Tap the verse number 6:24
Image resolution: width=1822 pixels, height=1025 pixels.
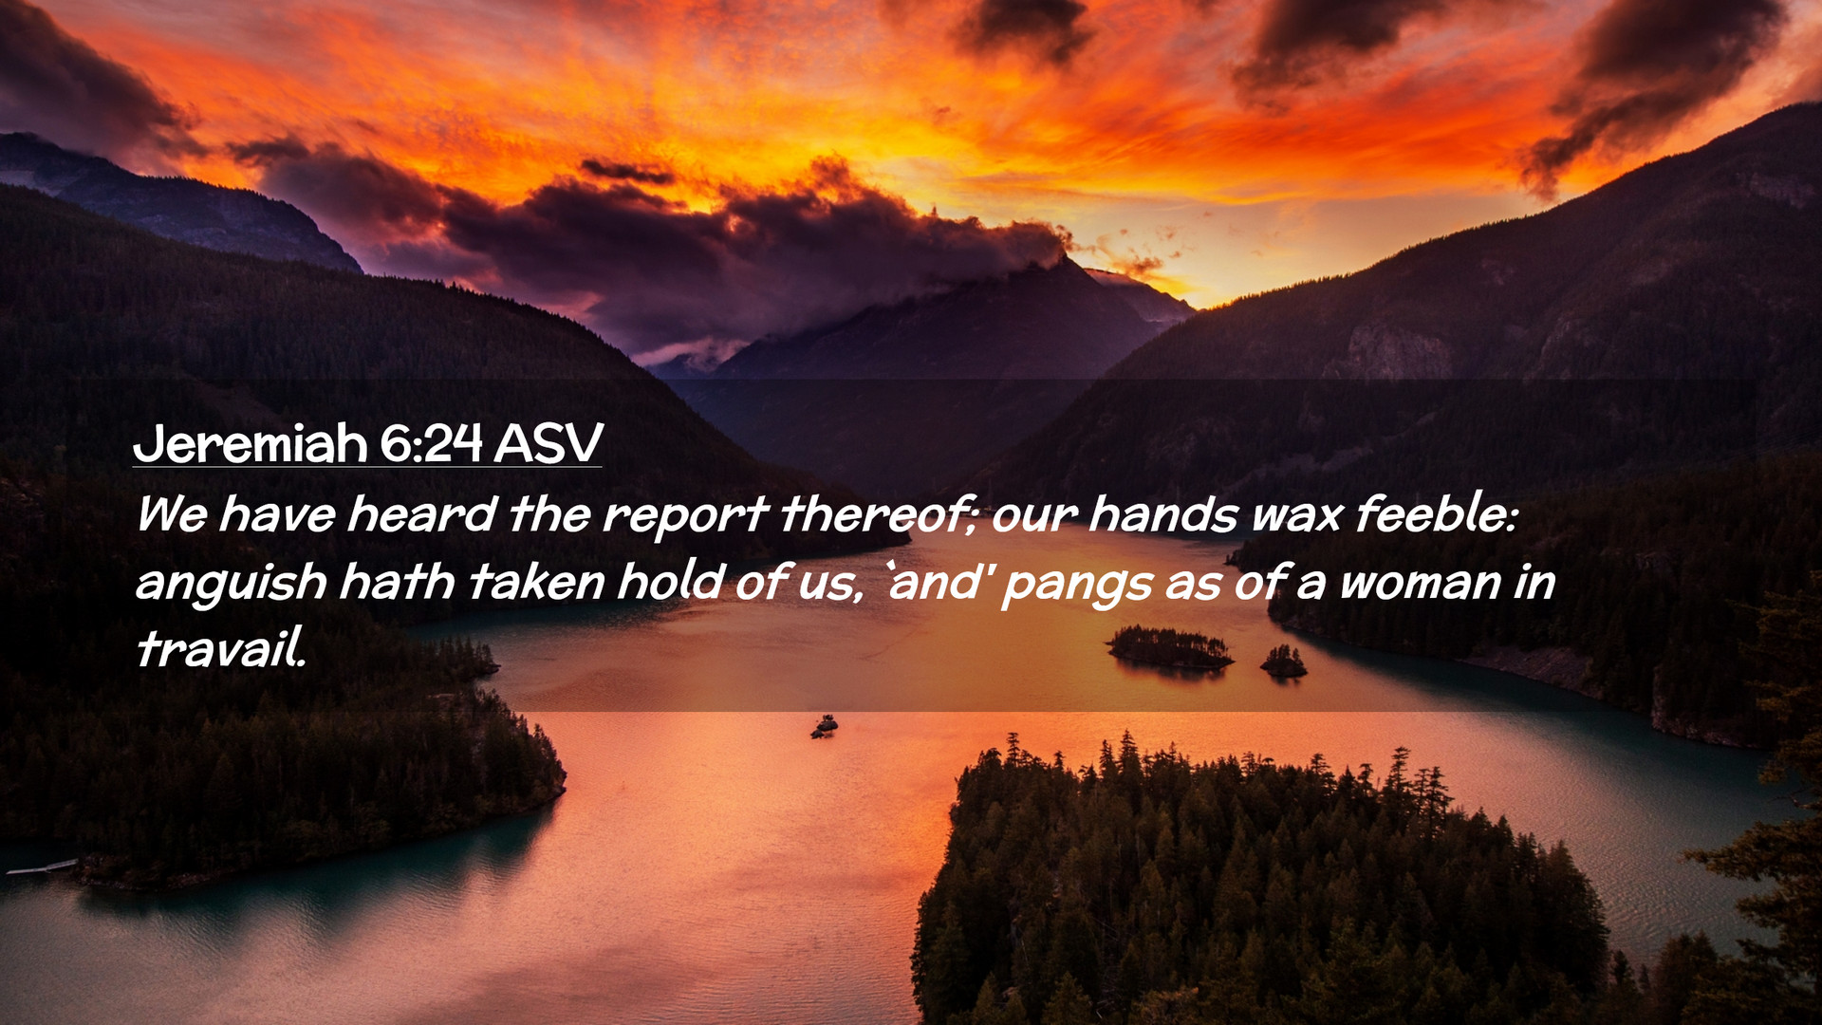pyautogui.click(x=431, y=443)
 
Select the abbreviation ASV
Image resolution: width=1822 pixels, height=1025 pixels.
pyautogui.click(x=548, y=443)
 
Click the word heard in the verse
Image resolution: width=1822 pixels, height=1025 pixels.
pyautogui.click(x=421, y=514)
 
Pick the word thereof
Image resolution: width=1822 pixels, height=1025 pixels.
pyautogui.click(x=878, y=514)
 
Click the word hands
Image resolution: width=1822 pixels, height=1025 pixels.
pyautogui.click(x=1162, y=514)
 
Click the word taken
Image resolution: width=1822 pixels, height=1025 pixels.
pyautogui.click(x=536, y=583)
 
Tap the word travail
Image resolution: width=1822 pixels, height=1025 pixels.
pyautogui.click(x=221, y=649)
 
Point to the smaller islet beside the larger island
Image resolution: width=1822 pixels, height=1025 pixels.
pyautogui.click(x=1283, y=662)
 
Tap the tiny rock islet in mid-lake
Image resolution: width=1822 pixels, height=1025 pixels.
pyautogui.click(x=824, y=726)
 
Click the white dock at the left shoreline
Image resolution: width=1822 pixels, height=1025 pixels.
pyautogui.click(x=42, y=867)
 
